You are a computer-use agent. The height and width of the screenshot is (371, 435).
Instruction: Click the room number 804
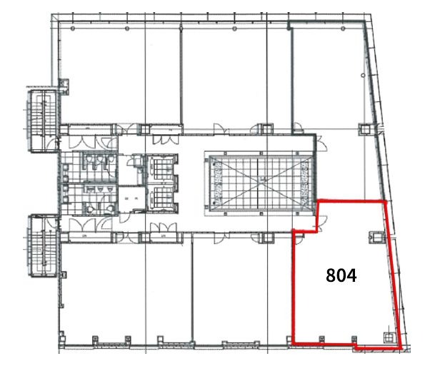(341, 275)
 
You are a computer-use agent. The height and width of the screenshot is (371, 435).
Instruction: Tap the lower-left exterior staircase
(42, 245)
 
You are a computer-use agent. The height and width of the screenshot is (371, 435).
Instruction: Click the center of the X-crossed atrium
(260, 181)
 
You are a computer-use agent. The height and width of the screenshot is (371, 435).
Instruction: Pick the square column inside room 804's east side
(375, 238)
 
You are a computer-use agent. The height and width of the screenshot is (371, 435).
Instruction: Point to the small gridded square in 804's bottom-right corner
(389, 337)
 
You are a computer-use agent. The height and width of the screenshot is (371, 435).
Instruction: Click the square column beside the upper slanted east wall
(365, 129)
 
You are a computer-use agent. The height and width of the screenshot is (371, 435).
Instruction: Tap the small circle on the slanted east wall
(363, 75)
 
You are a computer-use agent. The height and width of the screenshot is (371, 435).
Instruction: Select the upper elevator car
(161, 168)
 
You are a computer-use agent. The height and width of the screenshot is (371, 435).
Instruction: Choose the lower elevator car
(161, 198)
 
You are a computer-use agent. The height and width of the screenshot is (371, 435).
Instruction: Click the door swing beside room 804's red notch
(322, 224)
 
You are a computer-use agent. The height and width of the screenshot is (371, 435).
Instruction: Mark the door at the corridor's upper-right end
(321, 143)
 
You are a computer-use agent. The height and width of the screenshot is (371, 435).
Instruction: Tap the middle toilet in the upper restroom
(99, 159)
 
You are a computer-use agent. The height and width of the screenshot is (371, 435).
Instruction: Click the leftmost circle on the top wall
(72, 29)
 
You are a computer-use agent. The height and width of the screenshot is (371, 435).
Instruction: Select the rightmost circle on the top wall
(343, 29)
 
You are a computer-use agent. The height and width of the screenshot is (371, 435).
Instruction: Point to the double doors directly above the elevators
(165, 139)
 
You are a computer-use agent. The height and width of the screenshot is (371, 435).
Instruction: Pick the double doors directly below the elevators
(164, 227)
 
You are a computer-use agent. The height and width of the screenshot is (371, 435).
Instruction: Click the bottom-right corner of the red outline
(401, 347)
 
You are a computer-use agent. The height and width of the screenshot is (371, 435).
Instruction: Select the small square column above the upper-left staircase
(64, 83)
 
